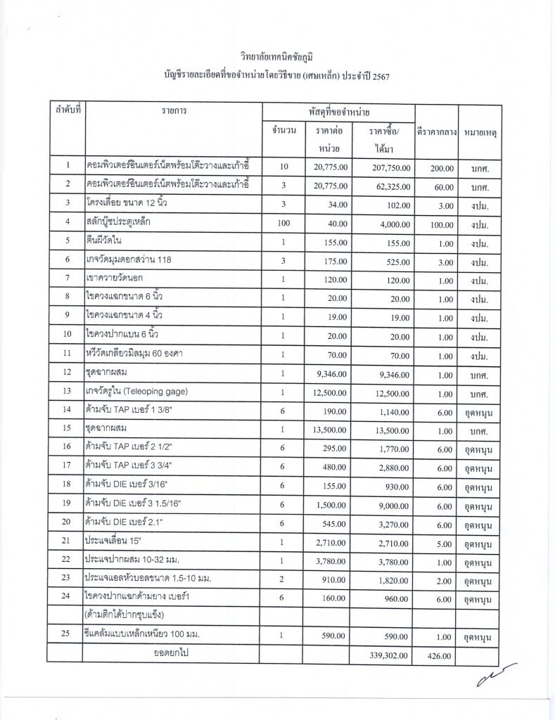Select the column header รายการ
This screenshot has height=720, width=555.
(173, 112)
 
